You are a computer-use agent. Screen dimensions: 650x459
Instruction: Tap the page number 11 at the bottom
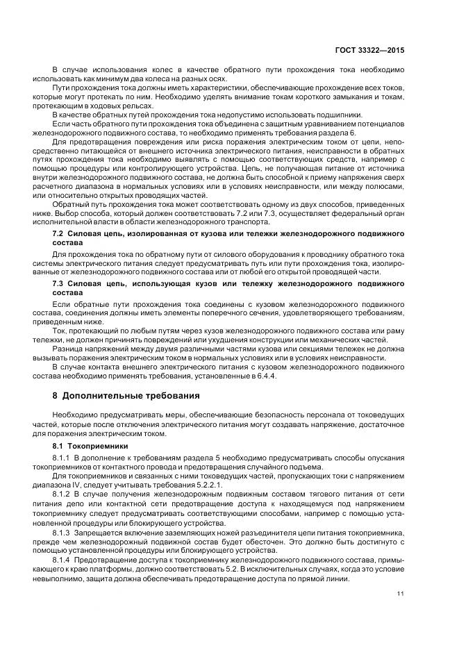401,592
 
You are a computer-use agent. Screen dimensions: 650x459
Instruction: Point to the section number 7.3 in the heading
59,285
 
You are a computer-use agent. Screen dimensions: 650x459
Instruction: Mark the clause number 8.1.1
62,460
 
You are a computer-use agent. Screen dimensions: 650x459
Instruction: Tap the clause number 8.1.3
62,530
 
